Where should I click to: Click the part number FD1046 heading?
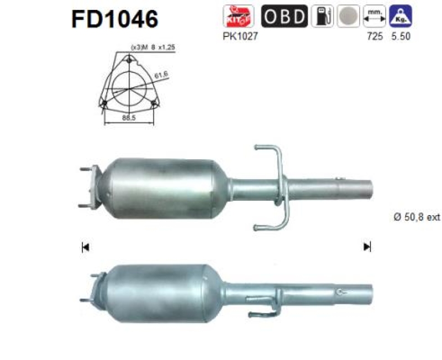tap(115, 18)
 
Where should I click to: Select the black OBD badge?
tap(284, 17)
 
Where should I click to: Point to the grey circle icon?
tap(346, 17)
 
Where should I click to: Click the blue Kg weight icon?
tap(400, 17)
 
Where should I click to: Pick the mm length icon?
tap(373, 17)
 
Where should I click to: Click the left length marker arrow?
tap(85, 247)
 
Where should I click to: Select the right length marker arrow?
tap(367, 247)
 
